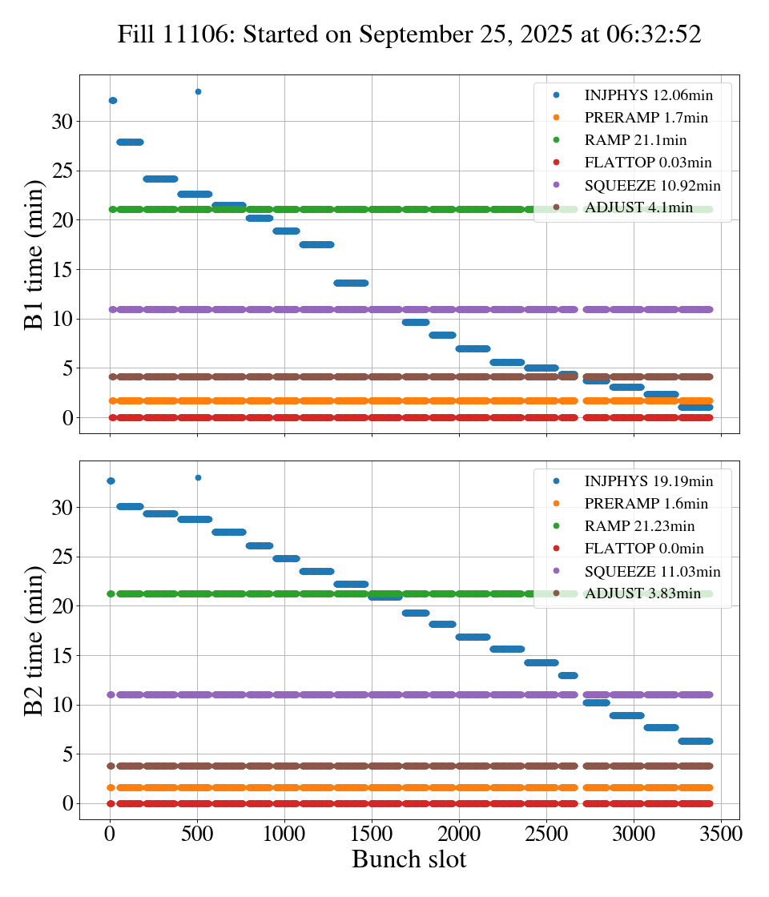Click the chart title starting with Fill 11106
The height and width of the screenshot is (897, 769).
[x=409, y=34]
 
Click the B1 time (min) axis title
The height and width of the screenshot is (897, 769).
[x=34, y=255]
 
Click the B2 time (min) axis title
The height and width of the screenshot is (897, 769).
[x=34, y=641]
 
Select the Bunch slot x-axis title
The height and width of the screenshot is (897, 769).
[x=409, y=859]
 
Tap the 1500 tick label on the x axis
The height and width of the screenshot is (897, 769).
[x=372, y=832]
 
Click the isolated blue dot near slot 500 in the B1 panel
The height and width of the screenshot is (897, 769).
[x=198, y=91]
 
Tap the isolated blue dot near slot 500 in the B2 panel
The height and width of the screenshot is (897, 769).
[x=198, y=477]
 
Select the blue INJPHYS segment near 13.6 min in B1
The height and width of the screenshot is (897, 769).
[x=351, y=283]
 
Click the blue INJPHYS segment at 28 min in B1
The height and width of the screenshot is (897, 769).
[x=130, y=142]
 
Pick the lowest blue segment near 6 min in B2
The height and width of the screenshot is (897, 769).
[x=695, y=741]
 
